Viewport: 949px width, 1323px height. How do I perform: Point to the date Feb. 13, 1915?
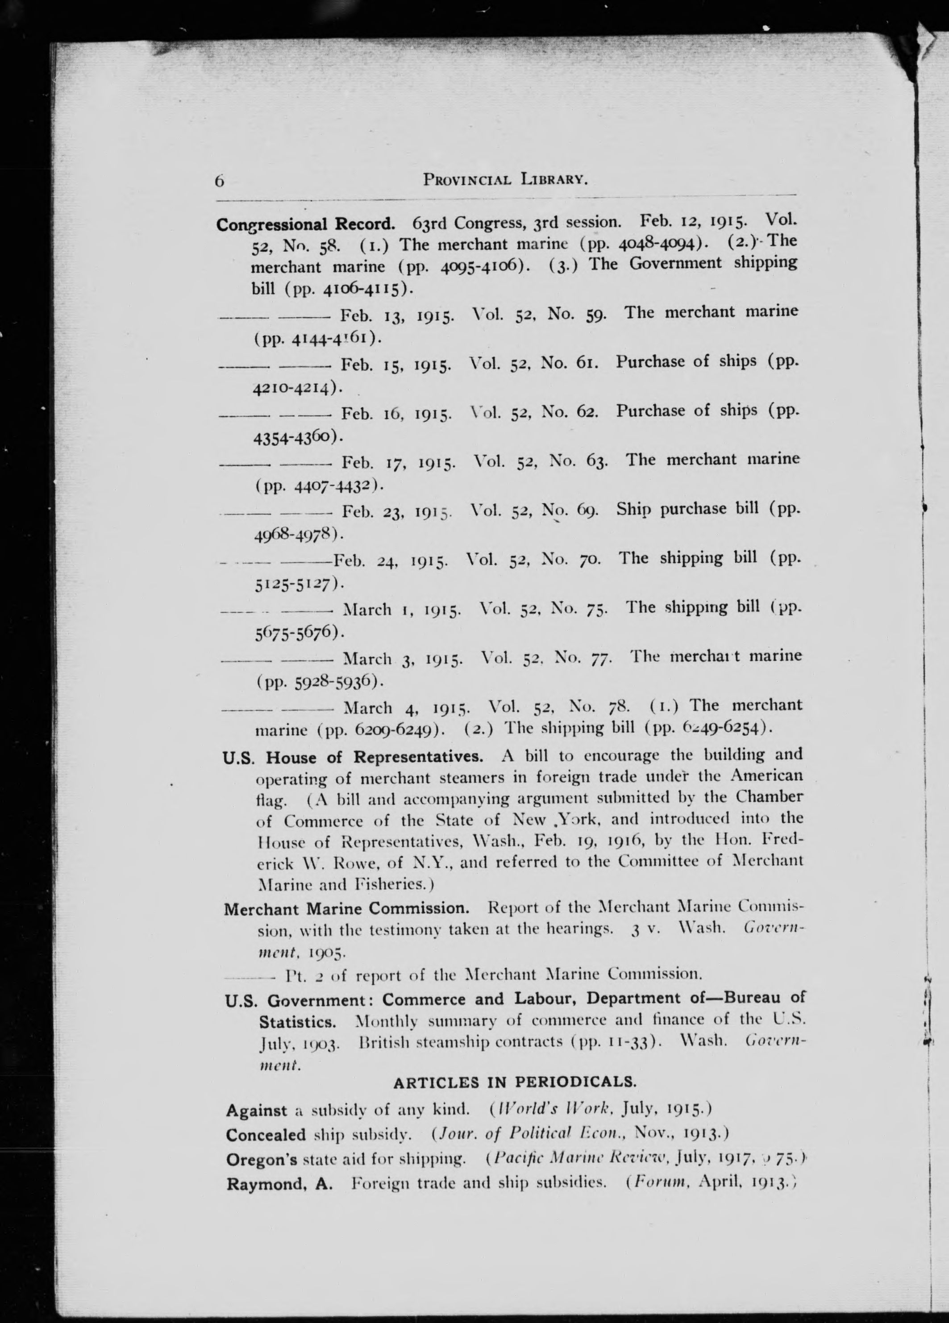point(397,317)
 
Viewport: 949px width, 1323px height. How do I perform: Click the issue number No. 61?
point(570,363)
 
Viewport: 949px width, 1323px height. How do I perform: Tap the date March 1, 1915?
point(403,610)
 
